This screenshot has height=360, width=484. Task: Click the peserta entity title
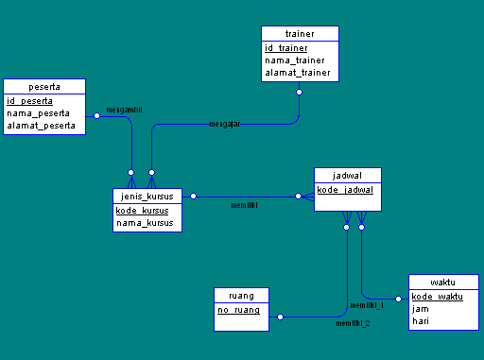point(44,86)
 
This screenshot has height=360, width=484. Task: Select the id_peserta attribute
point(29,101)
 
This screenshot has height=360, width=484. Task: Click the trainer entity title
point(299,34)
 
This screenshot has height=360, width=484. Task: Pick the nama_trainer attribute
point(295,60)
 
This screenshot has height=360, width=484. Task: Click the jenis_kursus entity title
point(147,197)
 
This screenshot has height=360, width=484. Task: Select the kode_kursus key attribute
point(142,211)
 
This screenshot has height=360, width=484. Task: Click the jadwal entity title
point(348,176)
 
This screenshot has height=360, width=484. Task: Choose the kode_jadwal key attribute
point(346,190)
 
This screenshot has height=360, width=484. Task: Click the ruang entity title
point(241,295)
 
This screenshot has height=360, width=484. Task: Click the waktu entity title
point(443,282)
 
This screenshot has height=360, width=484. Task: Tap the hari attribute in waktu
point(421,321)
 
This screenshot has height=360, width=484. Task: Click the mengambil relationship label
point(124,110)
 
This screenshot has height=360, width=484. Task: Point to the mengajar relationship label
point(224,125)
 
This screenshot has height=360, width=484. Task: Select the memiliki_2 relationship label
point(353,323)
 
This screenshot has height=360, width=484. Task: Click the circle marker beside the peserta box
point(95,115)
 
